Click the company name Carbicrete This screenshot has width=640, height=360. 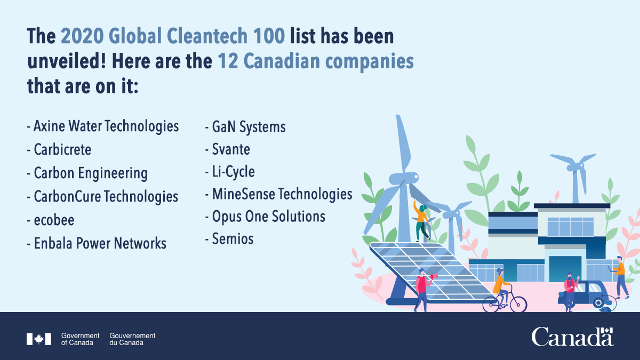click(62, 150)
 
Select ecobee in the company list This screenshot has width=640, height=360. click(54, 220)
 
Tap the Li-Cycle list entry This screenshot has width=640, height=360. click(233, 172)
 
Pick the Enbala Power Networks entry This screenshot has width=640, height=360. click(100, 244)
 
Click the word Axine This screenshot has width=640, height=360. click(49, 126)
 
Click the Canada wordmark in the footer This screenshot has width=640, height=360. click(572, 337)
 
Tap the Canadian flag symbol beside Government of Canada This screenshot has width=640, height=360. click(39, 339)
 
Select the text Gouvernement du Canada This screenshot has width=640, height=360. click(132, 339)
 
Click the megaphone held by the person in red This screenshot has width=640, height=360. click(434, 276)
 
